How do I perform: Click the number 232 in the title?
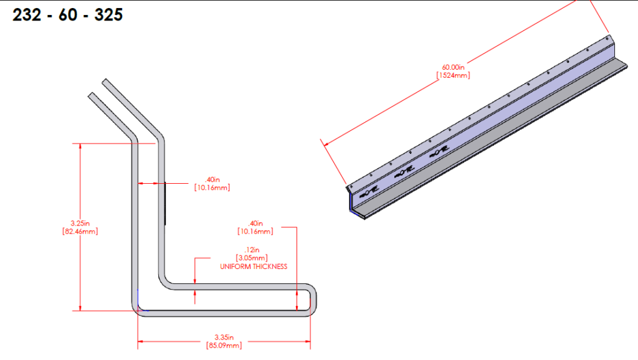tap(27, 15)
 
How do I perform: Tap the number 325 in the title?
tap(108, 15)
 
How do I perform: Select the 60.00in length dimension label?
tap(454, 67)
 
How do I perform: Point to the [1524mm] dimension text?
tap(454, 75)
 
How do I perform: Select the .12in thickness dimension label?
tap(252, 250)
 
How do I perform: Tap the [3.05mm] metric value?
tap(252, 257)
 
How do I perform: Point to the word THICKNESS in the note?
tap(272, 267)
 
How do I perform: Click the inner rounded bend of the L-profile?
tap(167, 283)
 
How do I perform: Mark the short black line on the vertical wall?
tap(166, 202)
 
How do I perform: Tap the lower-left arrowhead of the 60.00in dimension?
tap(323, 144)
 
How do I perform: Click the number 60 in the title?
tap(68, 15)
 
